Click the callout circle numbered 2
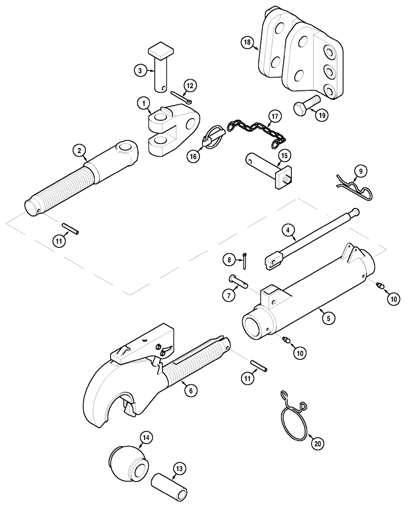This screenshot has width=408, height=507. click(79, 150)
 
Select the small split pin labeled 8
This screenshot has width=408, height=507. click(245, 259)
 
